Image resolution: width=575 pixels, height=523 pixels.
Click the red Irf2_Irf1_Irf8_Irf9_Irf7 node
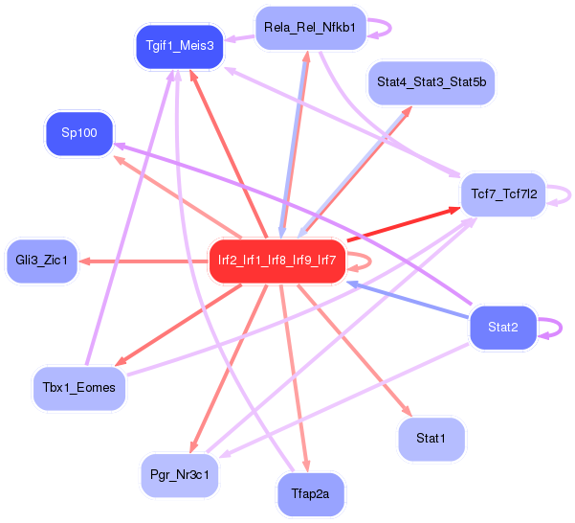pos(276,260)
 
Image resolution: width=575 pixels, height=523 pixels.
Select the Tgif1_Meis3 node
pos(179,45)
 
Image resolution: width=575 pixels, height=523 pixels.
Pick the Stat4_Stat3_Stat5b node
pos(431,82)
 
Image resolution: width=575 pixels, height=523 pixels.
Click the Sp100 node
pos(79,133)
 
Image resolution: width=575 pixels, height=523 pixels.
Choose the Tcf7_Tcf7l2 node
pos(503,194)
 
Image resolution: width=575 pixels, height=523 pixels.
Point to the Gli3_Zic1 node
pos(41,261)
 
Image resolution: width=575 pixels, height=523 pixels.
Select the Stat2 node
pos(502,328)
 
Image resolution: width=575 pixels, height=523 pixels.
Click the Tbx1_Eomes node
pos(79,387)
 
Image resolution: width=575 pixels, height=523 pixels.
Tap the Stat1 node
pos(431,439)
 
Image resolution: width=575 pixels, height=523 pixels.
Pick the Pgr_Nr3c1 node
pos(179,474)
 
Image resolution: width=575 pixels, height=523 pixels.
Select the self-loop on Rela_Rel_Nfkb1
pos(381,29)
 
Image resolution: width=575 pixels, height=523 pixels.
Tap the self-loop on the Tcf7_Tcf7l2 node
pos(566,194)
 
